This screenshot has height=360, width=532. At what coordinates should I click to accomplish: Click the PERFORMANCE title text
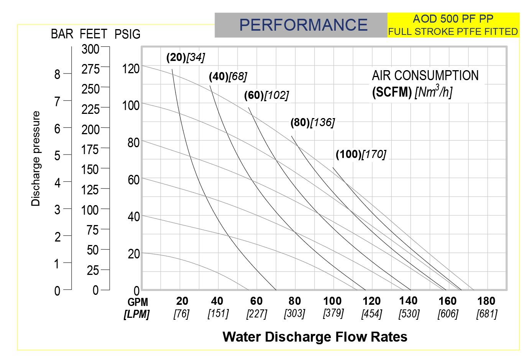303,25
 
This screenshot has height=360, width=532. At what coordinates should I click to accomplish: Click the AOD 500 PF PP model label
453,19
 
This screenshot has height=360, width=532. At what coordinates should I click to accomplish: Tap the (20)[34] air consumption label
186,58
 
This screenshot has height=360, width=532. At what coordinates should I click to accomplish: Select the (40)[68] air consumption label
228,77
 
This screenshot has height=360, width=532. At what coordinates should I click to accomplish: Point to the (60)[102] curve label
266,95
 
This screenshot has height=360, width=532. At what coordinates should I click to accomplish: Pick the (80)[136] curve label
312,122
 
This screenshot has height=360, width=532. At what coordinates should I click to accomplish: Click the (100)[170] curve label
361,154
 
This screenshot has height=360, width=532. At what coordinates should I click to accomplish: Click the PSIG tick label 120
131,69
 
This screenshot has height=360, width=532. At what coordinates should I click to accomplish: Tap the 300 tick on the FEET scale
90,49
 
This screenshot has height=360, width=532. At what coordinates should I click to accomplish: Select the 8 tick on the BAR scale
57,74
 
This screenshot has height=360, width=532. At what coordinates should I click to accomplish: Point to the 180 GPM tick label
486,301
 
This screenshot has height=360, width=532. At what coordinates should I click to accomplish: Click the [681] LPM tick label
486,314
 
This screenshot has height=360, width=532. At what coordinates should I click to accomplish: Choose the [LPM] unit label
136,314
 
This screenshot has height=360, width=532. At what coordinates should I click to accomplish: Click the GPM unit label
138,302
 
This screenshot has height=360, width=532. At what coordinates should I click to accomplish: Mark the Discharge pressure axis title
36,159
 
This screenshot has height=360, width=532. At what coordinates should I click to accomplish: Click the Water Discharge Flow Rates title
315,337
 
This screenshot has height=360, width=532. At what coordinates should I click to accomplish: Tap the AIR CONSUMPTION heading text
425,76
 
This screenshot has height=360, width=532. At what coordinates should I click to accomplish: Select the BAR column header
62,34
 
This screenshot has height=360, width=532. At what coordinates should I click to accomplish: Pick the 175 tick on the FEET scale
90,149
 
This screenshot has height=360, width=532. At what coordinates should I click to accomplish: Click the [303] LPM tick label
294,314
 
